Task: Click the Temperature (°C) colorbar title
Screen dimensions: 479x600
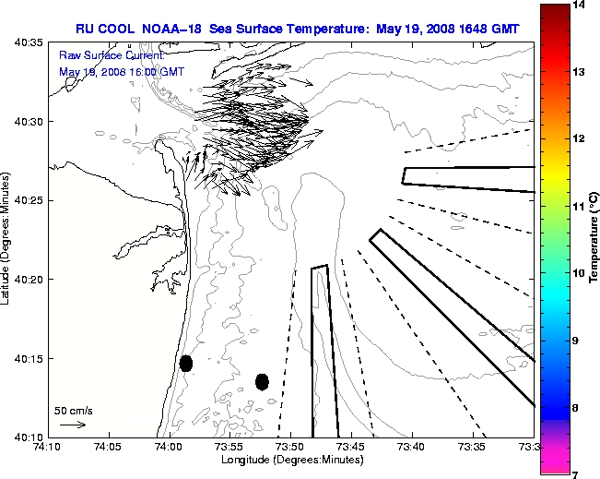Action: coord(594,239)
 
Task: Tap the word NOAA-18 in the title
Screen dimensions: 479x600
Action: coord(175,29)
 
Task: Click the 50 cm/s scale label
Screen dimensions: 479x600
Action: coord(74,411)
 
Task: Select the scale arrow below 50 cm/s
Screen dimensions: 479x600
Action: coord(73,425)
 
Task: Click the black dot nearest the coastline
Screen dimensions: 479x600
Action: coord(186,363)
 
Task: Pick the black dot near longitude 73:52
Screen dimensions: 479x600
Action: coord(262,381)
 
